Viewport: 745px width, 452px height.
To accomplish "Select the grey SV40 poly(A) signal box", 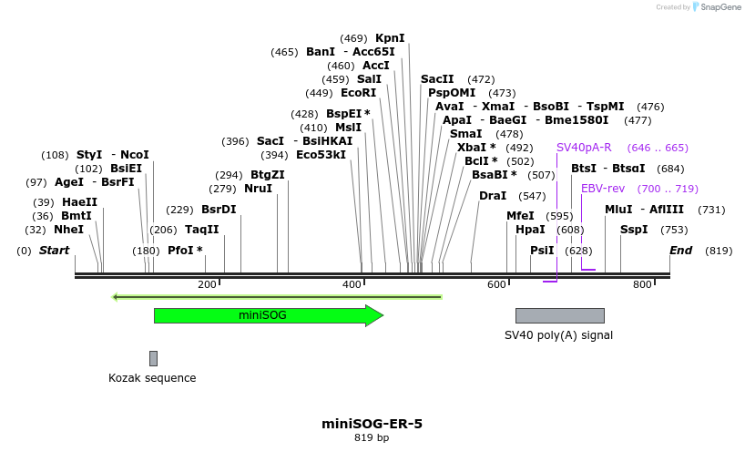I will coord(559,315).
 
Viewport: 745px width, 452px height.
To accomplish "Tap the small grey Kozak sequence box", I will coord(153,358).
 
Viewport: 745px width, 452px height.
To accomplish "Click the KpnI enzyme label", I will coord(390,38).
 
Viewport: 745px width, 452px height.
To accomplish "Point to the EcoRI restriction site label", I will coord(358,93).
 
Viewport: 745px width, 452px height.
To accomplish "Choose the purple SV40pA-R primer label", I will coord(584,148).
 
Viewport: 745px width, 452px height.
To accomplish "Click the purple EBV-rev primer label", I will coord(603,189).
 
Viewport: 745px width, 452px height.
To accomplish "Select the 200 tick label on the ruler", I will coord(207,285).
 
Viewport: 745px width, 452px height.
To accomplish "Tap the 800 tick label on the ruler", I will coord(642,285).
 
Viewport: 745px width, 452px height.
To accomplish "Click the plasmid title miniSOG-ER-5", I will coord(372,424).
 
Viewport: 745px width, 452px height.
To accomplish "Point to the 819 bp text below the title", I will coord(372,438).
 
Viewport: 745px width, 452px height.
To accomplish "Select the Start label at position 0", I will coord(54,251).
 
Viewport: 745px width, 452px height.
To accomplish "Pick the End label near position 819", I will coord(680,251).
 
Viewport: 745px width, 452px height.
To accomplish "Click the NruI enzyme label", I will coord(258,189).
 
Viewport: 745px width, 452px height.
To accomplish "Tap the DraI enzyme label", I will coord(493,196).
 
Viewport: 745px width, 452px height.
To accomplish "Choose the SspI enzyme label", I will coord(634,230).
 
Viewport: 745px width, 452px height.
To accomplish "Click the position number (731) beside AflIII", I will coord(711,210).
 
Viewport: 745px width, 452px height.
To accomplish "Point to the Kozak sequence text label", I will coord(152,378).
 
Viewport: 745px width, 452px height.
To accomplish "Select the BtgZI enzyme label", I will coord(268,175).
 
